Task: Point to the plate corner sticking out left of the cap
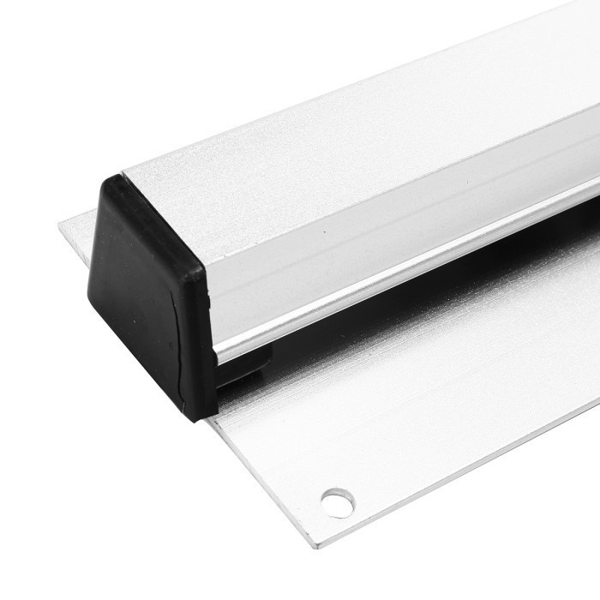64,225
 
